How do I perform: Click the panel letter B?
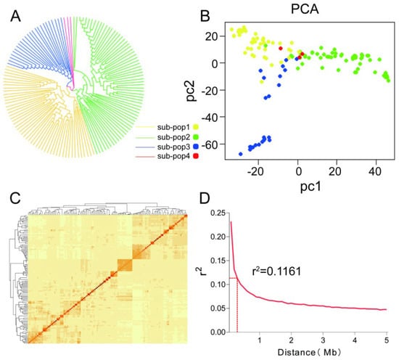tap(205, 16)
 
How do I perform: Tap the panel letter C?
tap(15, 198)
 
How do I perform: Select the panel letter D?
tap(205, 198)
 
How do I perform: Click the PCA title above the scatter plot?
tap(305, 9)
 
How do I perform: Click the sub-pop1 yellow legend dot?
tap(196, 127)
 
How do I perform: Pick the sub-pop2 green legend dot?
tap(196, 137)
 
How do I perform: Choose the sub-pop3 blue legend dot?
tap(196, 147)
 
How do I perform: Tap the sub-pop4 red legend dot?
tap(196, 156)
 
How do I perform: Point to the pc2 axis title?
tap(191, 91)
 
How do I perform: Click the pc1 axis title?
tap(310, 187)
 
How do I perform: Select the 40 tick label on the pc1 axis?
tap(375, 171)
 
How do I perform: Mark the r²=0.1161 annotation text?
tap(276, 271)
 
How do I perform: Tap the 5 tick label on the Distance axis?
tap(387, 340)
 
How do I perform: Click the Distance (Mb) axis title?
tap(309, 352)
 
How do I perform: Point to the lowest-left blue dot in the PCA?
tap(240, 154)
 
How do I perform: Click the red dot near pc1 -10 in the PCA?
tap(281, 49)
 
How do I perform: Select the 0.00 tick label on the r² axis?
tap(218, 332)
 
